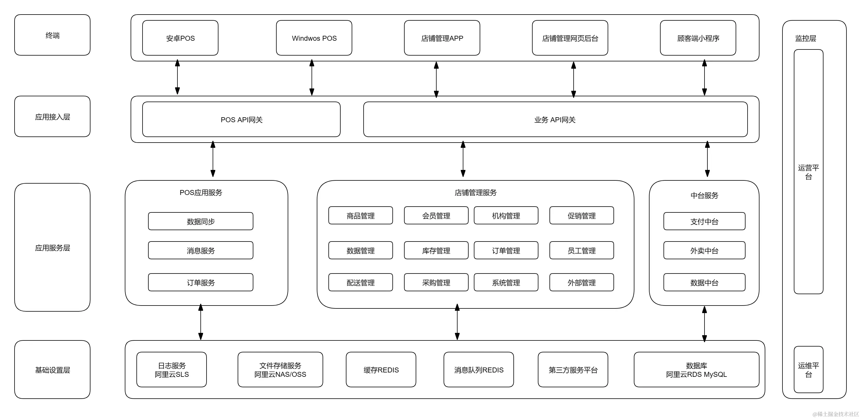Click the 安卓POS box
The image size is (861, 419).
coord(180,38)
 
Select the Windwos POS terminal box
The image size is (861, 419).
coord(314,38)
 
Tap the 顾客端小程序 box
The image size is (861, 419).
coord(698,38)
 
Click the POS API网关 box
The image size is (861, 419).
coord(241,119)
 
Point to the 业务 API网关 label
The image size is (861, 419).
coord(555,120)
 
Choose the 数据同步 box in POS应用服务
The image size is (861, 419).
coord(200,221)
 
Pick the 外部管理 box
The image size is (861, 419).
coord(581,282)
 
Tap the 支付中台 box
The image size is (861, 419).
coord(704,221)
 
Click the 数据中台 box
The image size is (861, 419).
coord(704,282)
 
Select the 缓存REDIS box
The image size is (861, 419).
coord(381,370)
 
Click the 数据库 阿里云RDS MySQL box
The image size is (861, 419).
coord(696,370)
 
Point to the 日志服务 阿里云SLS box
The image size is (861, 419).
coord(171,370)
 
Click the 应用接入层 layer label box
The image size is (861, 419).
coord(52,116)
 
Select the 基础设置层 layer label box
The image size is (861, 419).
coord(52,370)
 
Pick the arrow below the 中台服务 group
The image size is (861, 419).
coord(704,323)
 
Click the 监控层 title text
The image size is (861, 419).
coord(805,38)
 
